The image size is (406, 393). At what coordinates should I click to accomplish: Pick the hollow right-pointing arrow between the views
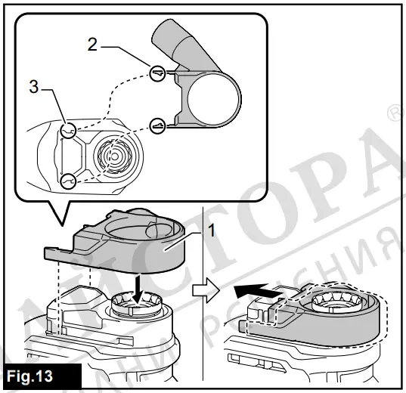pos(215,289)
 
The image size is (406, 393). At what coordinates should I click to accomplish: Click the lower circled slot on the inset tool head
pos(69,180)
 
